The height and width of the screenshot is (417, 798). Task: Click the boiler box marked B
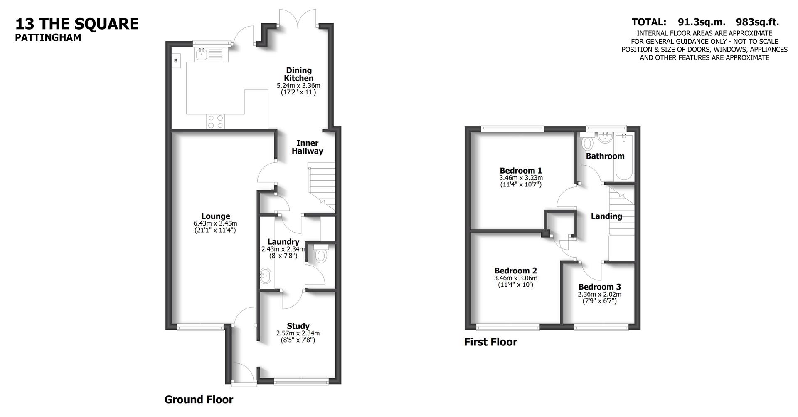[x=176, y=61]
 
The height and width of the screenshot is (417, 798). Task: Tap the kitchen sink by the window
[x=202, y=54]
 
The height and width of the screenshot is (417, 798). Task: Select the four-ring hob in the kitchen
[x=215, y=122]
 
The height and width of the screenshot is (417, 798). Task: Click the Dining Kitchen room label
[x=298, y=74]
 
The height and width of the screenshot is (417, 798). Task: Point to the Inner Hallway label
[x=307, y=147]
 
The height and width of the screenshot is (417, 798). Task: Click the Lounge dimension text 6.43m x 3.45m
[x=215, y=223]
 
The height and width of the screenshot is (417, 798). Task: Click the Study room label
[x=298, y=326]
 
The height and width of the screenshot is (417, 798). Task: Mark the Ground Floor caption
[x=199, y=400]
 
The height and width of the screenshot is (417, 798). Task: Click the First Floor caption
[x=490, y=342]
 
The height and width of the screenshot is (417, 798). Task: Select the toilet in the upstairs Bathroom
[x=587, y=143]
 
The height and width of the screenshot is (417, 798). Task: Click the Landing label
[x=606, y=216]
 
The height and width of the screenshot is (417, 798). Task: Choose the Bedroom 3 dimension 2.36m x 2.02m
[x=599, y=294]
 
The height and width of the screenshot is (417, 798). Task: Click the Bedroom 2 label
[x=515, y=271]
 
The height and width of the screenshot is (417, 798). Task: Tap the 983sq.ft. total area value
[x=757, y=22]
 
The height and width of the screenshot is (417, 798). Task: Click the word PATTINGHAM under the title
[x=48, y=37]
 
